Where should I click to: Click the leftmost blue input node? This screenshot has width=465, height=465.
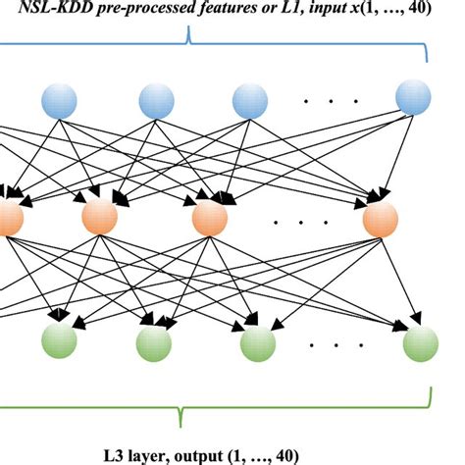coord(59,101)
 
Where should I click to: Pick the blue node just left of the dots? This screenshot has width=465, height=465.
coord(249,101)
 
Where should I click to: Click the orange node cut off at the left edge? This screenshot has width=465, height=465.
coord(8,217)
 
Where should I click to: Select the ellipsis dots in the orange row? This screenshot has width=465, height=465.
coord(290,223)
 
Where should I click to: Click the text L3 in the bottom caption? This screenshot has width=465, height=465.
coord(114,453)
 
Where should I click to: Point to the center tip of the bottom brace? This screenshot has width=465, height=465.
coord(181,423)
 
